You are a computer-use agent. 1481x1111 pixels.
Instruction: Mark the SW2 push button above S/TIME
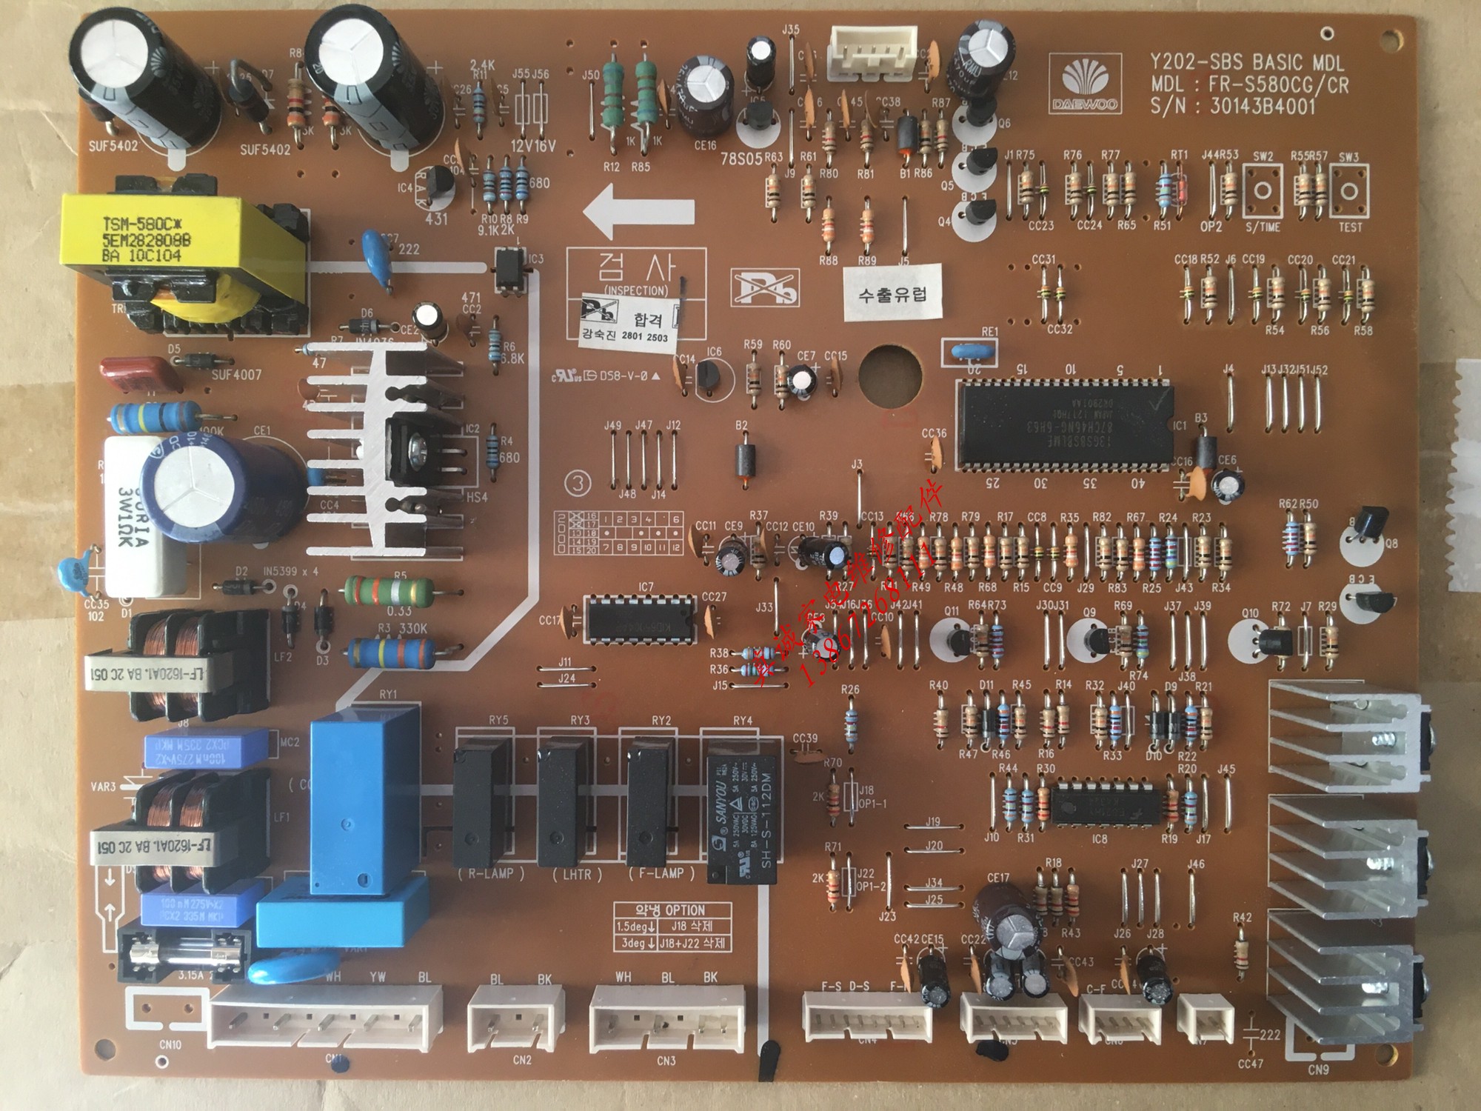[1263, 190]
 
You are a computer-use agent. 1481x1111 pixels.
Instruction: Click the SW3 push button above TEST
[1349, 190]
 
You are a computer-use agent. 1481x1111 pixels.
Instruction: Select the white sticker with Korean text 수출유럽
[892, 293]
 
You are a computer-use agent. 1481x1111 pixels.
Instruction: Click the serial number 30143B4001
[1263, 107]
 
